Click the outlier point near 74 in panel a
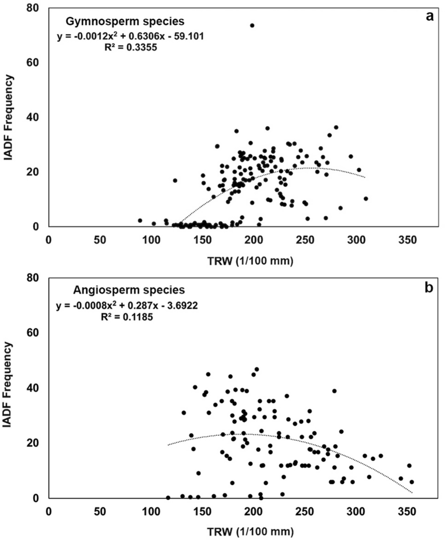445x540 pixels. point(252,26)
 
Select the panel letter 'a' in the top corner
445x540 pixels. point(429,16)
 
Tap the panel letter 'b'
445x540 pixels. point(429,289)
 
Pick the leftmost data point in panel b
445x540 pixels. point(168,497)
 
